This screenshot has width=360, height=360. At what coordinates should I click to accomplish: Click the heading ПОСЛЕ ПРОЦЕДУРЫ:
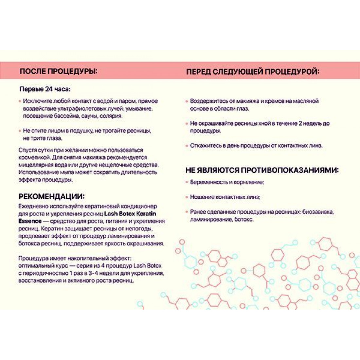59,71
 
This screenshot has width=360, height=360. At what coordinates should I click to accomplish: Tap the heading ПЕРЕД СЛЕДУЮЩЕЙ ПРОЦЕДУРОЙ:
253,71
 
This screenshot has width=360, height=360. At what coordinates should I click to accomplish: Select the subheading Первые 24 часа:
45,89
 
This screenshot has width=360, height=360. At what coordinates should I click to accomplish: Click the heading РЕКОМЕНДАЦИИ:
51,196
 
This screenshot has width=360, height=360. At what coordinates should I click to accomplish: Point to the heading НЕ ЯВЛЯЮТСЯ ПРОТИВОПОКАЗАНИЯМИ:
262,170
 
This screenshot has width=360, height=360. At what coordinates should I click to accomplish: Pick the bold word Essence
30,221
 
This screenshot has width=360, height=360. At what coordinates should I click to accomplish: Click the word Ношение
201,197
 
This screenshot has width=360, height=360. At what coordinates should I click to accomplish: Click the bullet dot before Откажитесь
187,146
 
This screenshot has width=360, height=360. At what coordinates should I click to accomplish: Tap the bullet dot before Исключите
20,101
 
